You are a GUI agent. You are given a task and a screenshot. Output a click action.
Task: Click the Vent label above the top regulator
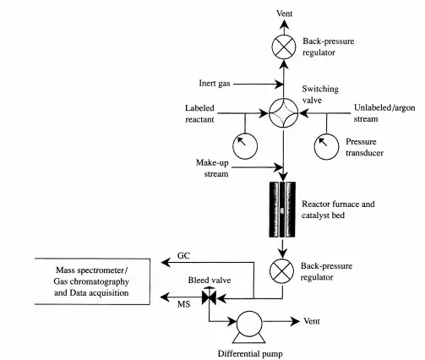coord(284,14)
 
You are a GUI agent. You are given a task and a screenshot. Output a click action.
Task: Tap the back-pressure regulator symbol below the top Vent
coord(284,46)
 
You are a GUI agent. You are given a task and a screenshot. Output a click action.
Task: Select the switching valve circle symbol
coord(283,113)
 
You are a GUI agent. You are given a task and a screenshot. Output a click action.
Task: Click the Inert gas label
coord(215,84)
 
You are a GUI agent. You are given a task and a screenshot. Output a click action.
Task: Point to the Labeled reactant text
coord(199,113)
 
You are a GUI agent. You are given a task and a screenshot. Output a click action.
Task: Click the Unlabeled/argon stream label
coord(384,113)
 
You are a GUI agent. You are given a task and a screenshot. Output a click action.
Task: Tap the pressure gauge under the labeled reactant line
coord(245,146)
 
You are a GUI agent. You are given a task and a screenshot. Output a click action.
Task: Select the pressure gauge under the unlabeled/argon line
coord(326,147)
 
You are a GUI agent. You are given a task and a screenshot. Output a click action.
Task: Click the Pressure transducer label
coord(364,147)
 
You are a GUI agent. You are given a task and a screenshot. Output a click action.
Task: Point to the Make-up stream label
coord(212,168)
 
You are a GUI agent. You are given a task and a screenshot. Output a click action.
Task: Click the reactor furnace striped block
coord(282,210)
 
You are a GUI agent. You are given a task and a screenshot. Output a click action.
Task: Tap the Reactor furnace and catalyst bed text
coord(338,210)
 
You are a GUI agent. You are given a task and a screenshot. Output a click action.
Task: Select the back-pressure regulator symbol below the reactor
coord(282,270)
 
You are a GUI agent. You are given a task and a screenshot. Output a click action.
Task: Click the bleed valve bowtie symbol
coord(209,297)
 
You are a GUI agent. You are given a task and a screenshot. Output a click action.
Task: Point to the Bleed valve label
coord(210,280)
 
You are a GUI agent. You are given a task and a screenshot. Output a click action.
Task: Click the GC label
coord(183,255)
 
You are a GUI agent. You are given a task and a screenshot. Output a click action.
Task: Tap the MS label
coord(183,304)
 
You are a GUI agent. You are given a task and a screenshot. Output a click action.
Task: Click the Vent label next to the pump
coord(312,321)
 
